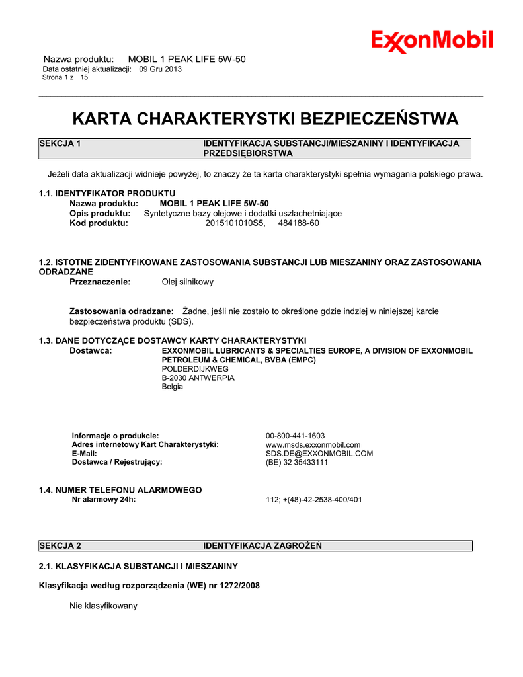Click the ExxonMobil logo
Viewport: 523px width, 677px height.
pos(432,41)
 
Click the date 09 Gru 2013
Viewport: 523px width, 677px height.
pos(160,69)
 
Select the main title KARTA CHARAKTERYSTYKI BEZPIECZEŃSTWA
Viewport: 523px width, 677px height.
pos(264,119)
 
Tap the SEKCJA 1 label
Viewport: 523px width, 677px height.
pos(60,143)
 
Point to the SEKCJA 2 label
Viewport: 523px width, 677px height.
pos(60,545)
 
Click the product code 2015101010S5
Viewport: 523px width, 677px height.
pos(235,223)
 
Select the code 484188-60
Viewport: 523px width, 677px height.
pos(298,223)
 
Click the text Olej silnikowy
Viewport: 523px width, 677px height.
pos(188,282)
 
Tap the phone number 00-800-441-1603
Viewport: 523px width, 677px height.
pos(295,436)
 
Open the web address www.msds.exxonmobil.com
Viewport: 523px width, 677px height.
pos(313,445)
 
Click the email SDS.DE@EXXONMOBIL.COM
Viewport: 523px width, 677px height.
pos(319,454)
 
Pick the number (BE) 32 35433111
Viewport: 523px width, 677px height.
pos(296,463)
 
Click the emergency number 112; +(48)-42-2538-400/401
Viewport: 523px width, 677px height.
pos(313,500)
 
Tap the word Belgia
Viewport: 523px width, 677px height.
pos(173,387)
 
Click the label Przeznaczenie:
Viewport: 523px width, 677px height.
pos(100,282)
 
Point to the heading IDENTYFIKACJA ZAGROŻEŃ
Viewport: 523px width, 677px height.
pos(262,545)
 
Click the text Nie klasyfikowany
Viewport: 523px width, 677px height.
pos(103,606)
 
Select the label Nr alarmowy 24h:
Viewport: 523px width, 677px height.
pos(103,499)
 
